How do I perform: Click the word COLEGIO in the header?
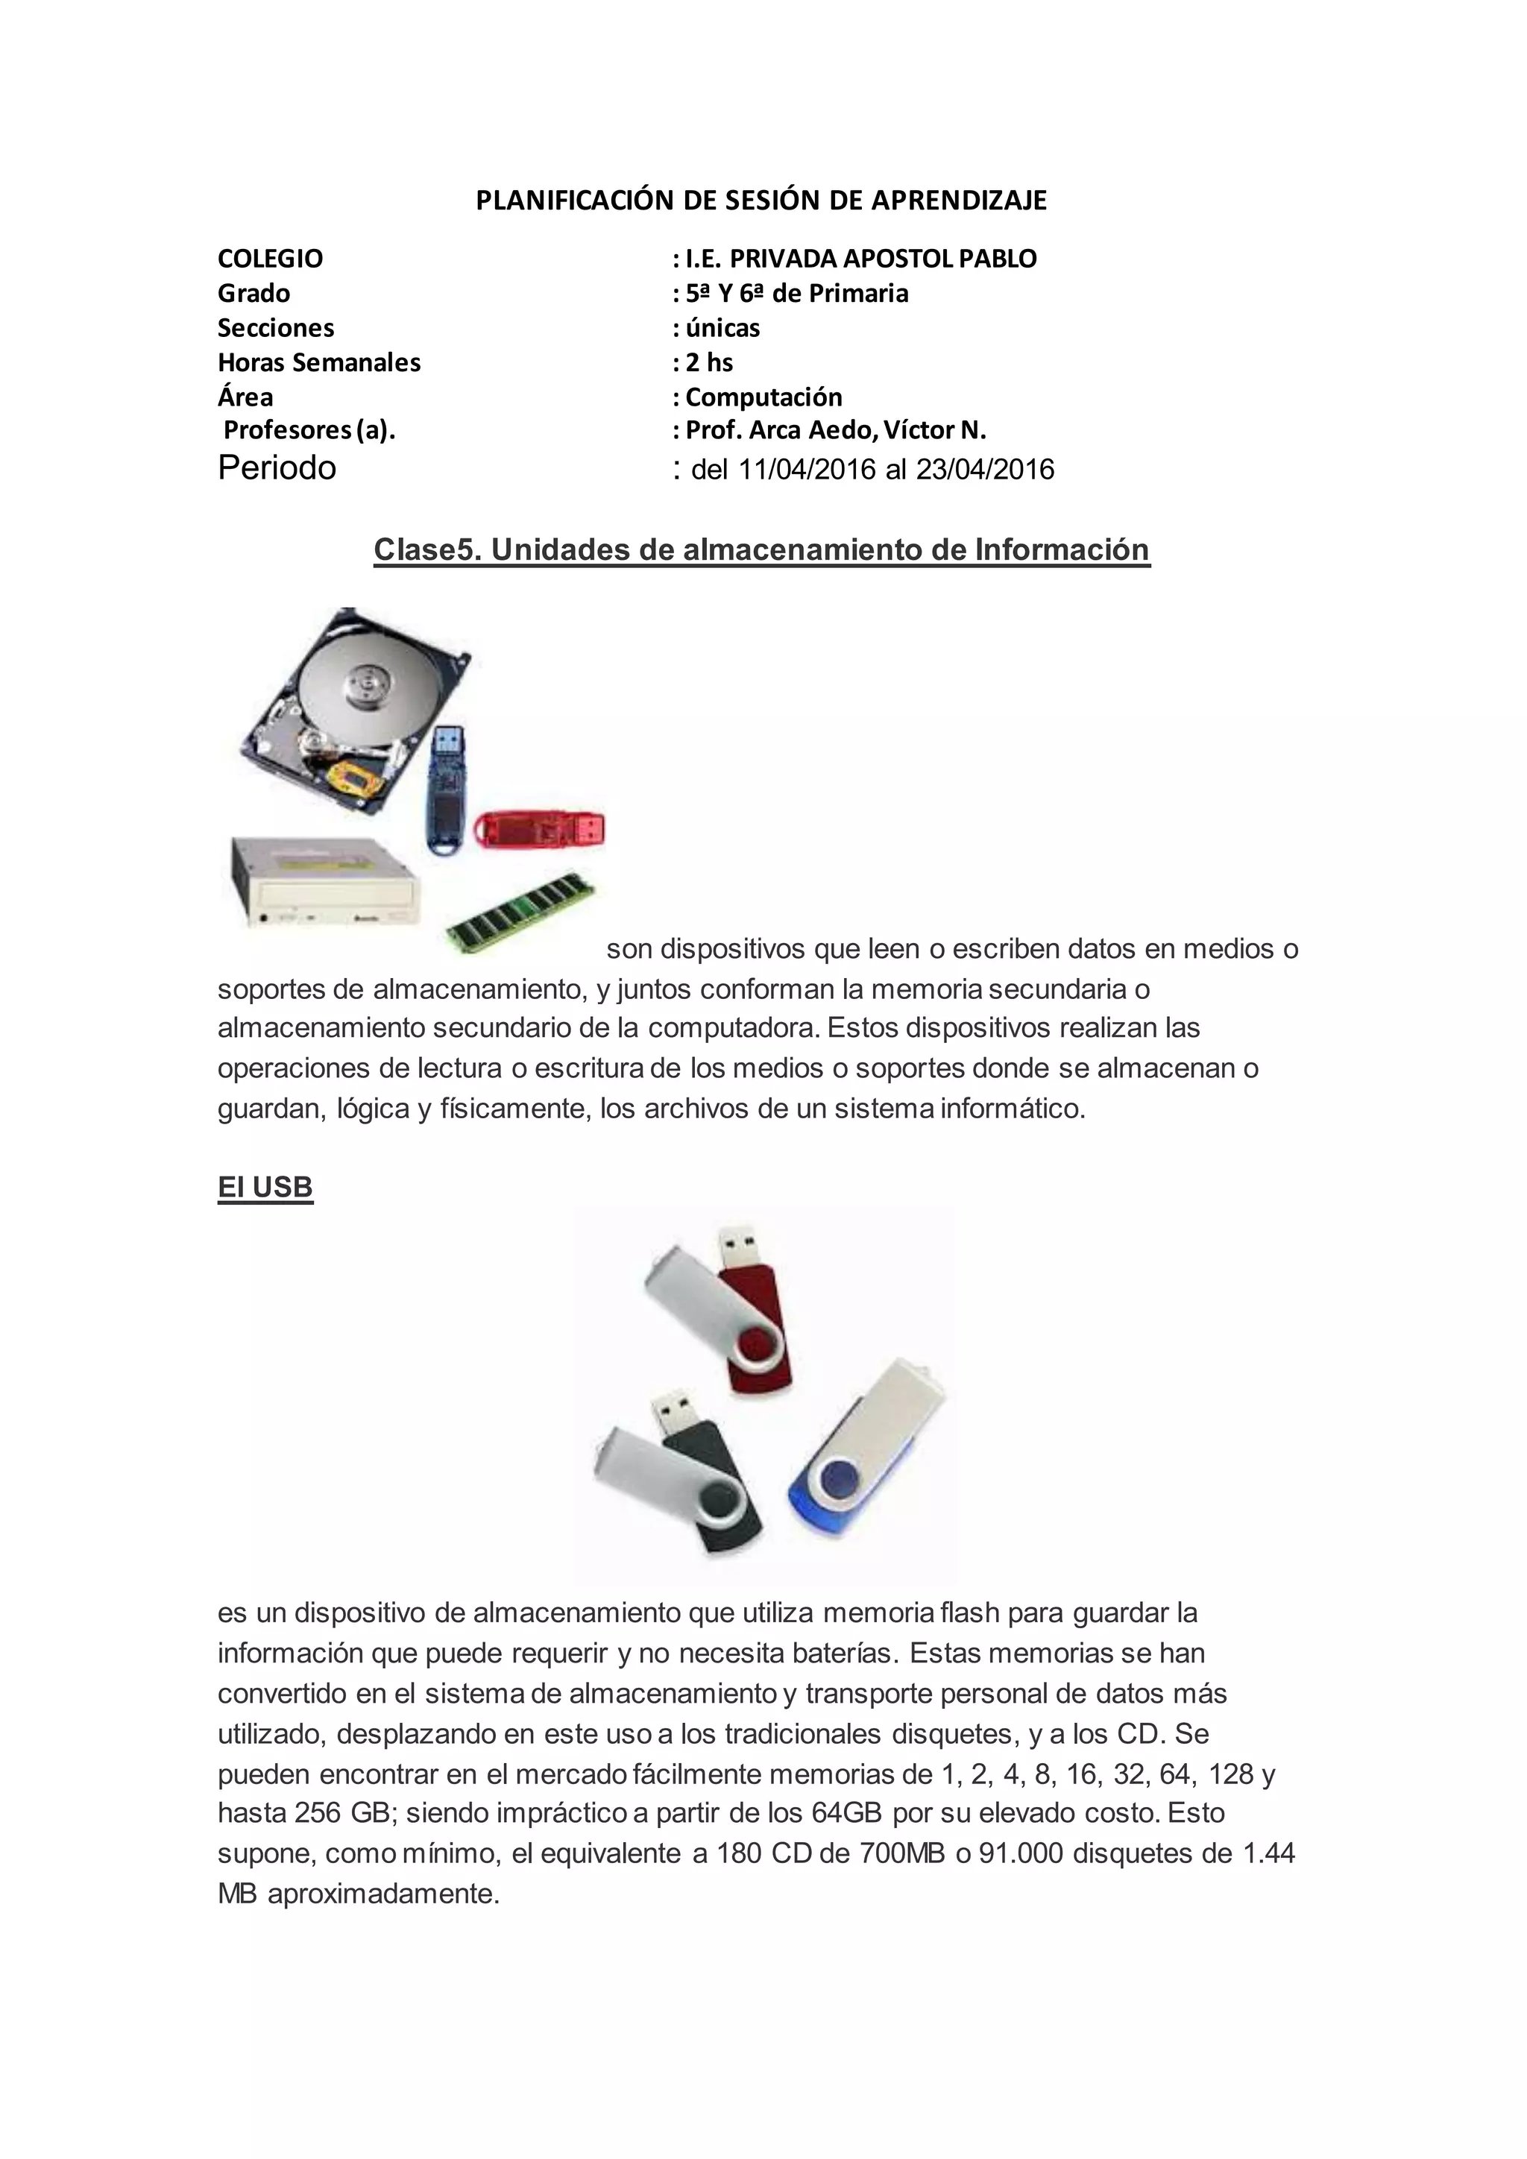pyautogui.click(x=270, y=259)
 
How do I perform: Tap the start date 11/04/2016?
pyautogui.click(x=807, y=469)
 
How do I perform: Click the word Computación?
pyautogui.click(x=763, y=397)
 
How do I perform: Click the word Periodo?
pyautogui.click(x=277, y=467)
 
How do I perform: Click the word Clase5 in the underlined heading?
pyautogui.click(x=426, y=549)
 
